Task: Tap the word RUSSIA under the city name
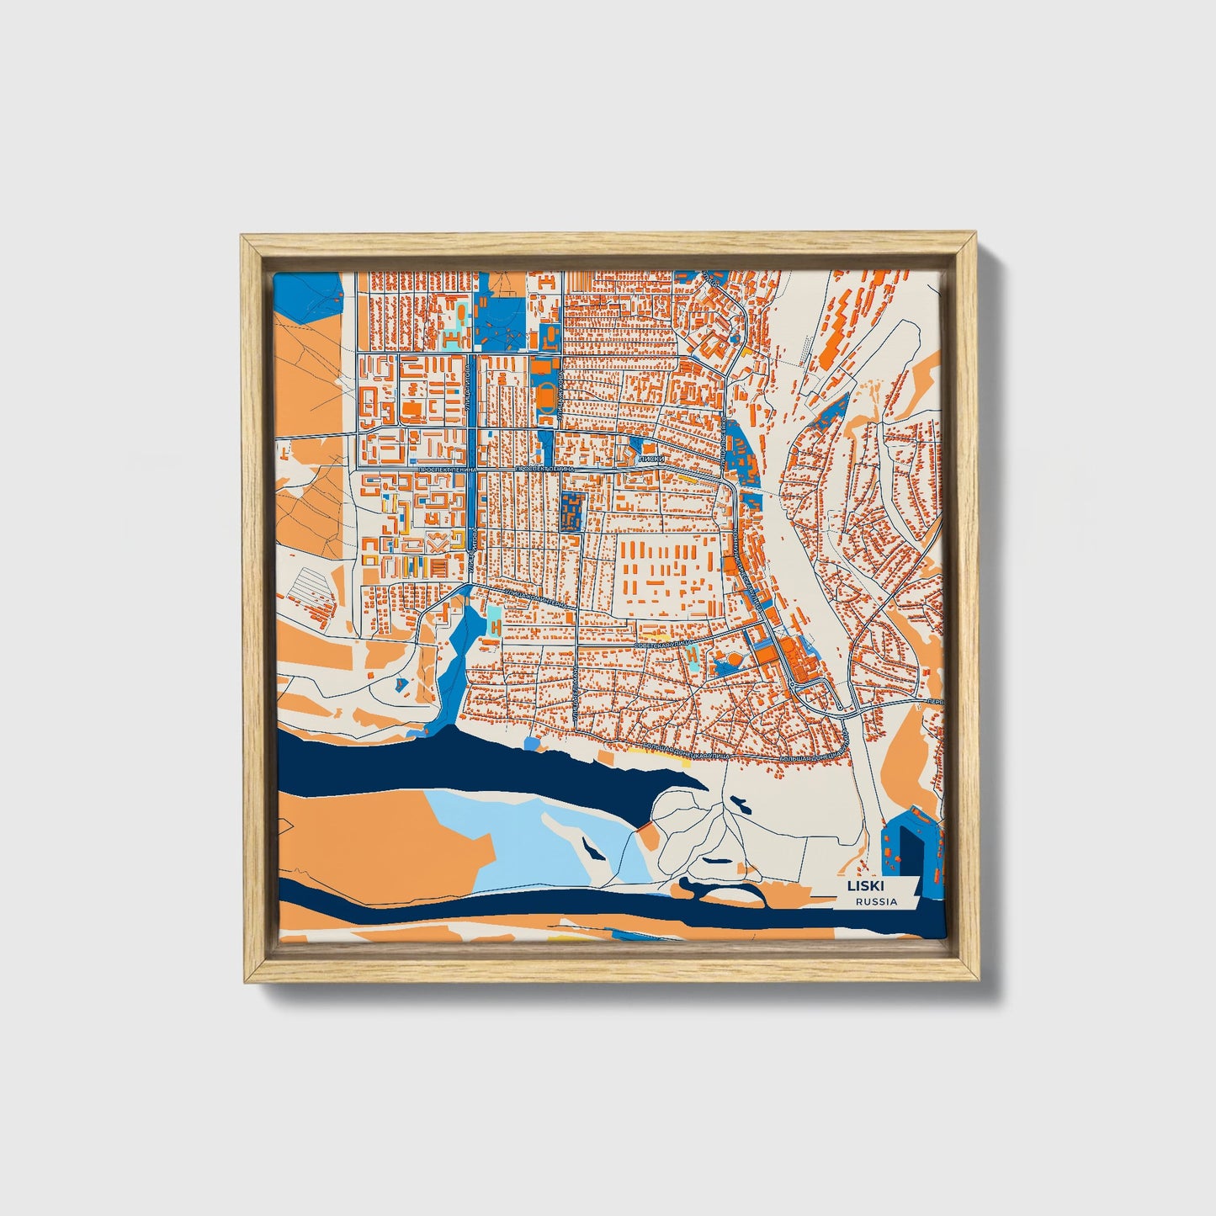876,902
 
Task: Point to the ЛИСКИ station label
652,459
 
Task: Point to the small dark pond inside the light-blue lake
594,851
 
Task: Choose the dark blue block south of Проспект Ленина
572,512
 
